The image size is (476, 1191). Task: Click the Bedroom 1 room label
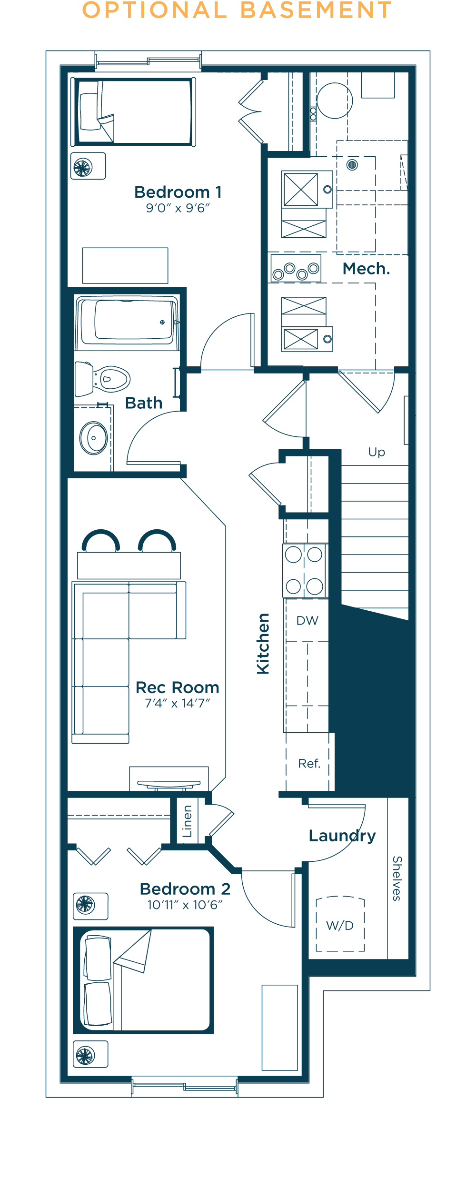click(x=178, y=192)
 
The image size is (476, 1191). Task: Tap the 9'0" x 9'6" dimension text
click(x=178, y=208)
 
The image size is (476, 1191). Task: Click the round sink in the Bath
click(x=93, y=438)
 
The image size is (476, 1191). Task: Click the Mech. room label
click(x=366, y=269)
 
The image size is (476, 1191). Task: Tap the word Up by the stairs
click(x=377, y=452)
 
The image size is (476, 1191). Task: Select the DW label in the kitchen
click(x=307, y=620)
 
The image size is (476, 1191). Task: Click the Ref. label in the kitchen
click(x=309, y=763)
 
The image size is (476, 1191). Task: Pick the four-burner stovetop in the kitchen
click(x=305, y=570)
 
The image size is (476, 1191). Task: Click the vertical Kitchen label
click(x=263, y=644)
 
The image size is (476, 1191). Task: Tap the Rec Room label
click(x=178, y=687)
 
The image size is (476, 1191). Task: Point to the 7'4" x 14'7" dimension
click(x=178, y=703)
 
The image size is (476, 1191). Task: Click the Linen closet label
click(x=188, y=821)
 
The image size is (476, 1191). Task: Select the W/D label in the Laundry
click(x=340, y=925)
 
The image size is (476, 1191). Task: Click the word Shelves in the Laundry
click(x=397, y=878)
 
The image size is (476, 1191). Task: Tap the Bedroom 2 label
click(x=185, y=889)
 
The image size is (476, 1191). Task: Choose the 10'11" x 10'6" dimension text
click(x=185, y=905)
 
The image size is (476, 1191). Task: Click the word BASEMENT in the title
click(x=316, y=10)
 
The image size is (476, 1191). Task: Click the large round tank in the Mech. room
click(x=335, y=101)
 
